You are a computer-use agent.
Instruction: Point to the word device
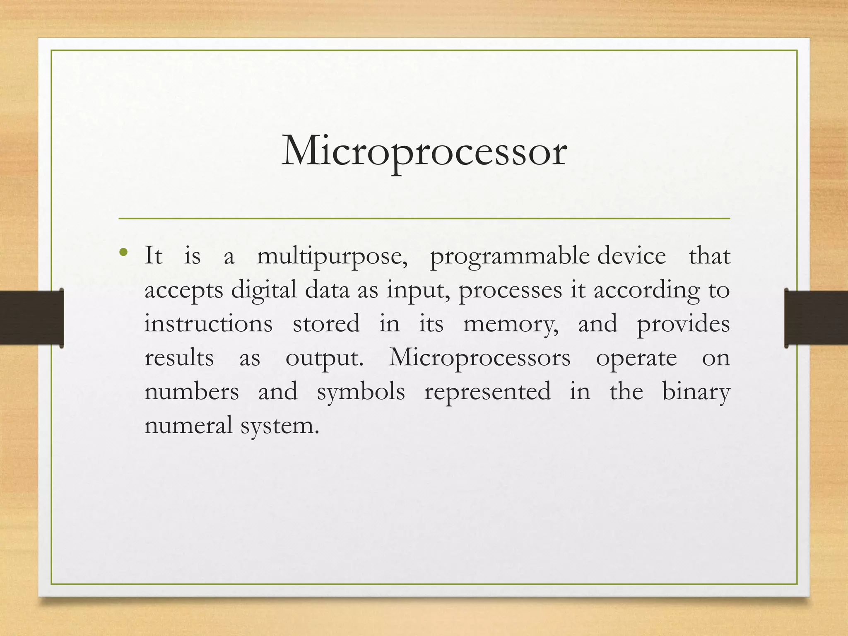[x=631, y=256]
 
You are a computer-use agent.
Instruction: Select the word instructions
[x=208, y=324]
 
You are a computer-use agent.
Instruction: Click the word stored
[x=326, y=324]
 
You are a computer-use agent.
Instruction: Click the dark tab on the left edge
[x=31, y=318]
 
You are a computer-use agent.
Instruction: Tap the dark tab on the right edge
[x=816, y=318]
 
